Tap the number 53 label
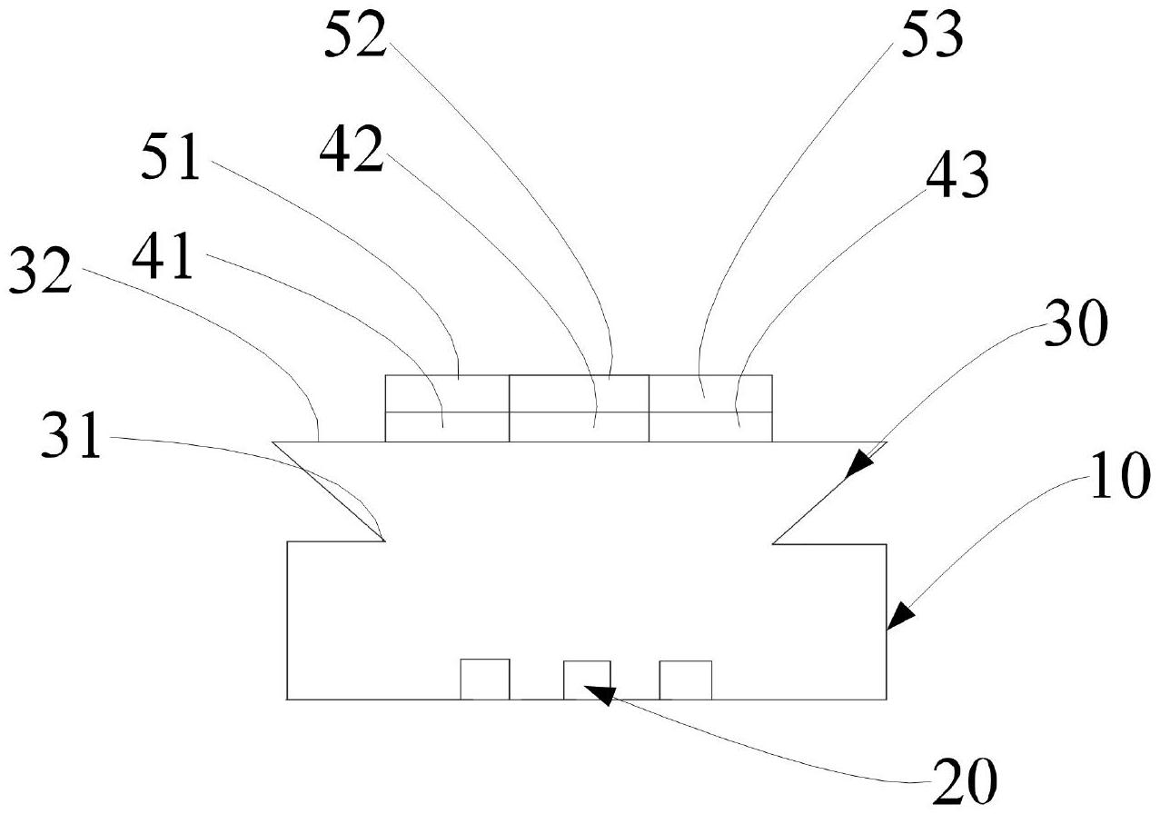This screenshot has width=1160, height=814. point(932,38)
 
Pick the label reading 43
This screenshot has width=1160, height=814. point(957,179)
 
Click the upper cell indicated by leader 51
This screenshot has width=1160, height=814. point(447,393)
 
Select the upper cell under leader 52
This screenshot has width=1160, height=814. point(579,393)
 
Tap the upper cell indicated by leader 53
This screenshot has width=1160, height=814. point(710,393)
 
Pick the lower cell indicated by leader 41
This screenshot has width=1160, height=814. point(447,427)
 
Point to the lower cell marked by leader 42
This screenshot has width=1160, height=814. point(579,427)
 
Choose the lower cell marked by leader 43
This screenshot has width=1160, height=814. point(710,427)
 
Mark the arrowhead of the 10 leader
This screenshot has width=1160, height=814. point(894,621)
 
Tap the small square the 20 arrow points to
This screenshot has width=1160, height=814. point(587,680)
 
